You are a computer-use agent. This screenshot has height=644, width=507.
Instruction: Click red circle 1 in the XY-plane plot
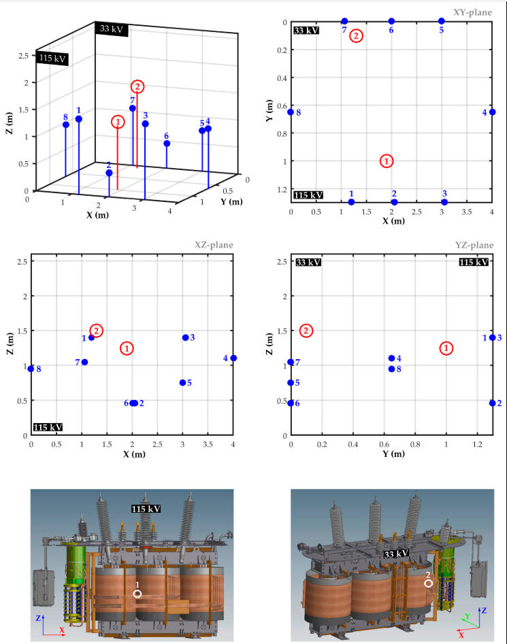coord(387,161)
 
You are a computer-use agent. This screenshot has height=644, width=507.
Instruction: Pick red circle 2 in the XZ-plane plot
coord(97,331)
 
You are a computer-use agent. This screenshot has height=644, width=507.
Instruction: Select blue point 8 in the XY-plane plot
coord(291,112)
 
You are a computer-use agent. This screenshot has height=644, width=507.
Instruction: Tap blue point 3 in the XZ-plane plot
coord(185,337)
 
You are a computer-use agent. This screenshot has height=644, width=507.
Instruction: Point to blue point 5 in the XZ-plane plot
coord(182,382)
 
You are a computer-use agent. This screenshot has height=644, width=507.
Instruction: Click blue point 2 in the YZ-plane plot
coord(492,403)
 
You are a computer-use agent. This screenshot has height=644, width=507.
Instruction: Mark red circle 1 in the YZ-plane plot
coord(446,348)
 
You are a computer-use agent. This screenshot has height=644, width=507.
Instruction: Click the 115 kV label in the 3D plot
coord(52,59)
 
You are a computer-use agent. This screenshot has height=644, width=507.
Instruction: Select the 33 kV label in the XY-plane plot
coord(306,30)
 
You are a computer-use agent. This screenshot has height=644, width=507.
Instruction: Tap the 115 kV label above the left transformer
coord(146,509)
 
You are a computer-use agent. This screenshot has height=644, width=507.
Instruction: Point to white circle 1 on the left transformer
coord(137,593)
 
